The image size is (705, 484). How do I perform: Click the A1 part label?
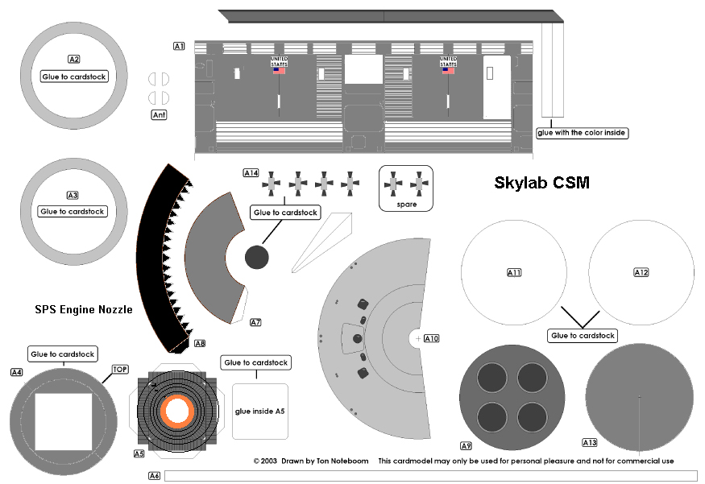[x=180, y=47]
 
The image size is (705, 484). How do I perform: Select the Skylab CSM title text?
[x=541, y=184]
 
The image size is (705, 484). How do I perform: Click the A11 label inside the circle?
[x=514, y=273]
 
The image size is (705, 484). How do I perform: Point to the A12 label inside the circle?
[x=641, y=273]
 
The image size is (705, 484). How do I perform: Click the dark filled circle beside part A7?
[x=256, y=258]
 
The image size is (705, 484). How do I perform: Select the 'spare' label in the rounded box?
[x=406, y=205]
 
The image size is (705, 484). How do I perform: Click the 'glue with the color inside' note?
[x=582, y=132]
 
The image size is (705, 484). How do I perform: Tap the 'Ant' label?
[x=160, y=115]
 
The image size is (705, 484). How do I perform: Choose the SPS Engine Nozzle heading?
[x=84, y=309]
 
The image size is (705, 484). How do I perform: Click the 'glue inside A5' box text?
[x=260, y=412]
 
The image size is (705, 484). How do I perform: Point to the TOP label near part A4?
[x=120, y=369]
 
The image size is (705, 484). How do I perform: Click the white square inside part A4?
[x=68, y=421]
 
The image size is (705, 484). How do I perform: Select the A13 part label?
[x=590, y=442]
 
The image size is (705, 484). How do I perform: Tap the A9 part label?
[x=466, y=445]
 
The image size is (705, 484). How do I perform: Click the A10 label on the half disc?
[x=431, y=339]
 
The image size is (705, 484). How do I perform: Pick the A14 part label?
[x=251, y=172]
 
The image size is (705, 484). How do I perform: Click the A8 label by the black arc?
[x=200, y=343]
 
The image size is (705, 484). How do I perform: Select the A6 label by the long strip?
[x=155, y=475]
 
